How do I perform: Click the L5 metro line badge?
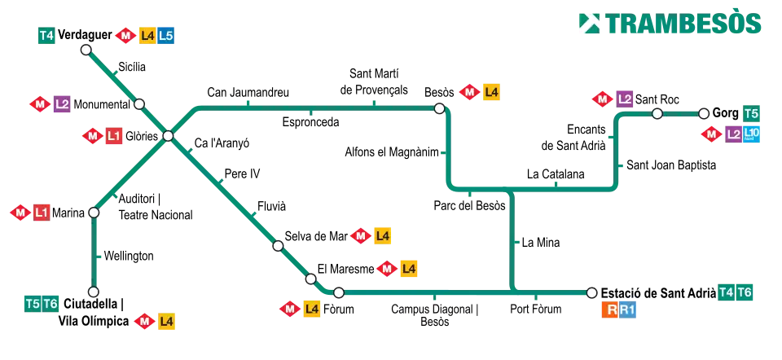click(166, 36)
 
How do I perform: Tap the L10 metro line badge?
click(753, 134)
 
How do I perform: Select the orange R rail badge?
click(609, 310)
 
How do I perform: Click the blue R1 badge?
click(628, 310)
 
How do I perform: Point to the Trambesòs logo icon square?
click(586, 24)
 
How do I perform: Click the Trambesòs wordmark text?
click(683, 24)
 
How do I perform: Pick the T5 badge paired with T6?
click(32, 304)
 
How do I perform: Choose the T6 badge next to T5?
click(51, 304)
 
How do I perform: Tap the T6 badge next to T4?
click(745, 292)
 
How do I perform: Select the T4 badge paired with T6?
click(726, 292)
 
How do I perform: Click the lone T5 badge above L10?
click(752, 113)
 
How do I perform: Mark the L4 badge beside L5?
click(147, 36)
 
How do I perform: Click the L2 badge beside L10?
click(733, 134)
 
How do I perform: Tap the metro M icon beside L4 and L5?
click(125, 36)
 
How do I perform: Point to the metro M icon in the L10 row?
click(711, 134)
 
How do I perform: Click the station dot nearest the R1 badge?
click(591, 293)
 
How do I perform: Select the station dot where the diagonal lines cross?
click(168, 136)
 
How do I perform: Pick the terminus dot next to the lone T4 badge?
click(86, 50)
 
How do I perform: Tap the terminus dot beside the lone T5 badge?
click(704, 113)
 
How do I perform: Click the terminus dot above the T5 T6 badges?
click(94, 292)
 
